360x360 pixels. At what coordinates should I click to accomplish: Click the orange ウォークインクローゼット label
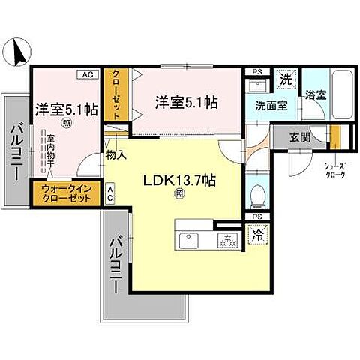(67, 193)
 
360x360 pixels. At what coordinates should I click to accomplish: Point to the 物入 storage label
(115, 155)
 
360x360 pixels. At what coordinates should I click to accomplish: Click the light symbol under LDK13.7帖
(178, 195)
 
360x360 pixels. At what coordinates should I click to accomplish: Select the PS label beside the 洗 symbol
(256, 72)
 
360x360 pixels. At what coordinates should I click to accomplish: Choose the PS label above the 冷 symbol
(256, 216)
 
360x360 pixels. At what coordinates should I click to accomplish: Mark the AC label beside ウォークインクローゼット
(110, 193)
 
